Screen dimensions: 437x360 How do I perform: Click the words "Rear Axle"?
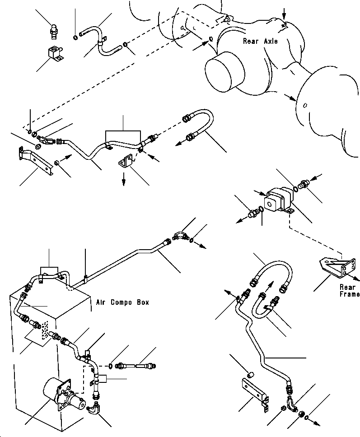click(260, 41)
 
